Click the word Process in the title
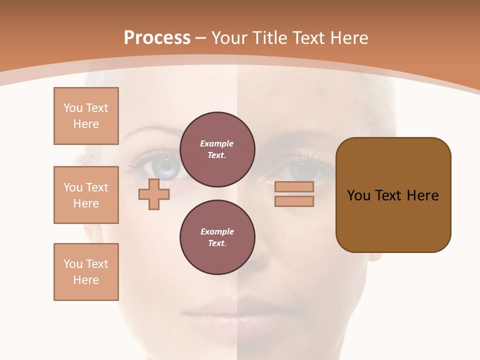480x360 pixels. tap(157, 38)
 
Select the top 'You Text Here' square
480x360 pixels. tap(86, 116)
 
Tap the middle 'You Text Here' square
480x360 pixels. tap(86, 195)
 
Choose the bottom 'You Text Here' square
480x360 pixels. tap(86, 272)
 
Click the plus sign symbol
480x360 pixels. tap(154, 194)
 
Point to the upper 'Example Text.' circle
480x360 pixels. tap(217, 149)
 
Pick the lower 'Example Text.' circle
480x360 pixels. tap(217, 237)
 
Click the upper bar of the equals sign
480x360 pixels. tap(294, 186)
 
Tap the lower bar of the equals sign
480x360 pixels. tap(294, 201)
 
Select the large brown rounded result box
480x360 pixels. tap(393, 195)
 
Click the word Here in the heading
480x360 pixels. tap(347, 38)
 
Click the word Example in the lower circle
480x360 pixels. tap(217, 232)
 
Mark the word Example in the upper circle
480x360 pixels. tap(217, 144)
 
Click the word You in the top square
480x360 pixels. tap(73, 108)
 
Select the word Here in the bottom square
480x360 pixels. tap(86, 280)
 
